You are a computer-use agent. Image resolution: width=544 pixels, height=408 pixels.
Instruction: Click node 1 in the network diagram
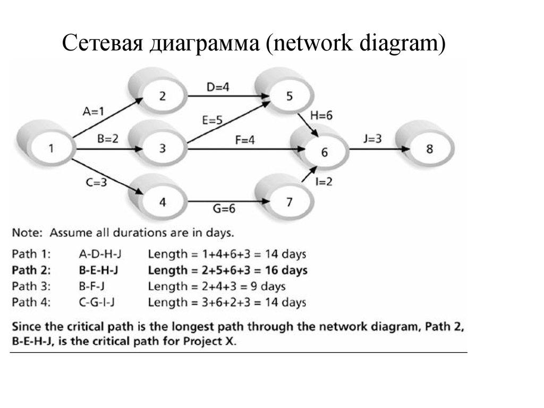[51, 148]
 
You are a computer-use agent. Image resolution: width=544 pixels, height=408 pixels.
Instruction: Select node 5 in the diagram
[289, 96]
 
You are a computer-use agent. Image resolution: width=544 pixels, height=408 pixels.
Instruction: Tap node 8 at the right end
[429, 148]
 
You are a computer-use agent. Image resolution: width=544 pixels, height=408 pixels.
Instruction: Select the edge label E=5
[212, 120]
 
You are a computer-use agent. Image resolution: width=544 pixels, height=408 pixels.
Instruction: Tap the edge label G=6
[224, 209]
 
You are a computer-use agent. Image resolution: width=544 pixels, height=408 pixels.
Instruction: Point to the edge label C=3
[96, 182]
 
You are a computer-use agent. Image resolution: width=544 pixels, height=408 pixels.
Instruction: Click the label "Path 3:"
[31, 287]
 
